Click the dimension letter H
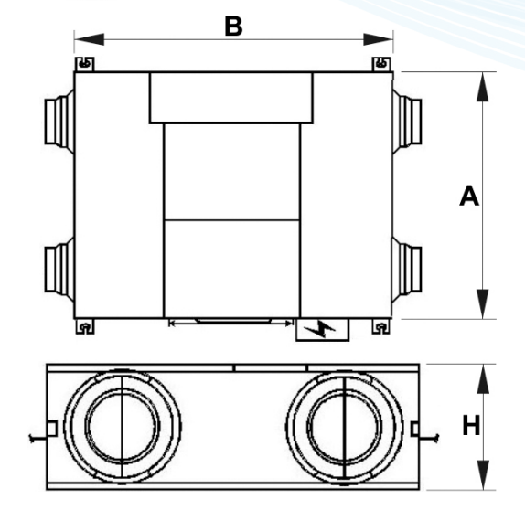[471, 425]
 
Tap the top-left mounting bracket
[84, 64]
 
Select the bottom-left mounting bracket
[84, 325]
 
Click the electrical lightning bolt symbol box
[322, 329]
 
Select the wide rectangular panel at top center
[230, 98]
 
